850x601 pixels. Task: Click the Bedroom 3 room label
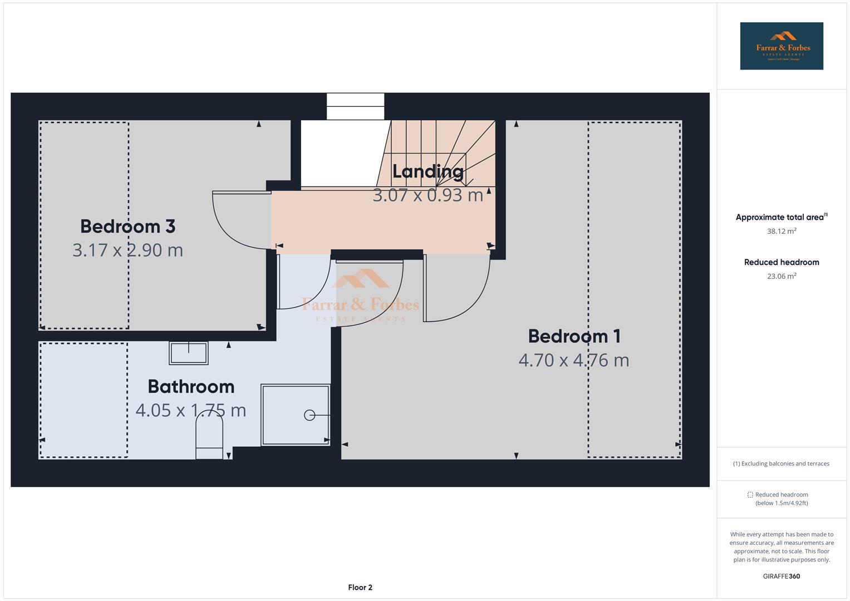(127, 226)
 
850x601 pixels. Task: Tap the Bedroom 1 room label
(574, 336)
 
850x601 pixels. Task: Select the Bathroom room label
(191, 387)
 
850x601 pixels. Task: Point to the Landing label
(428, 171)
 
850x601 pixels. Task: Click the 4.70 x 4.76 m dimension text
(574, 360)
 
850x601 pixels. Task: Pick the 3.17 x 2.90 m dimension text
(127, 250)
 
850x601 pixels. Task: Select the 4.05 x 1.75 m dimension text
(191, 411)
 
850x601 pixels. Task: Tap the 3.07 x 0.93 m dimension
(428, 195)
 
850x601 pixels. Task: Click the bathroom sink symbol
(189, 353)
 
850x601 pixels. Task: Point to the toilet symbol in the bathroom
(209, 436)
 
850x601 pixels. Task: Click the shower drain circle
(309, 415)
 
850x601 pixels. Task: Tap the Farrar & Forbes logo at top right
(781, 46)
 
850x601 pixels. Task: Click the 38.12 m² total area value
(781, 231)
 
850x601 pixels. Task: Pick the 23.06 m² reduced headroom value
(781, 276)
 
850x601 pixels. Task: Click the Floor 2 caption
(360, 588)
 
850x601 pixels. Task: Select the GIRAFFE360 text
(781, 577)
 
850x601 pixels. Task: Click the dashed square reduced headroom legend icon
(750, 495)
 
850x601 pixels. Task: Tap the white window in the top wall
(355, 106)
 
